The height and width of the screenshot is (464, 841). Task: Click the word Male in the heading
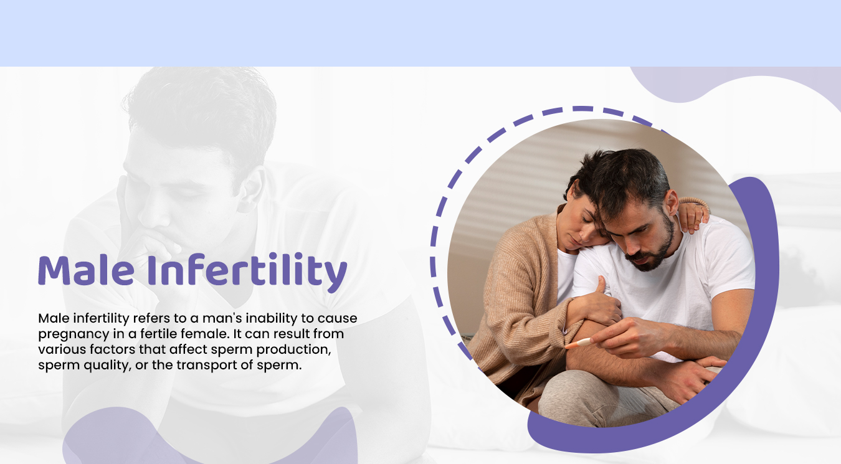click(87, 270)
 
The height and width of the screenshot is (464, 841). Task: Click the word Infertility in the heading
click(247, 272)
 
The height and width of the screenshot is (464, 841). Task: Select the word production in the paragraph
click(293, 350)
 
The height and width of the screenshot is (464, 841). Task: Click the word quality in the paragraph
click(107, 366)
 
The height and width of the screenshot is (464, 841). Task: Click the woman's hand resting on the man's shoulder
click(693, 215)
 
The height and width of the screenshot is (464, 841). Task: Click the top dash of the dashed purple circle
click(582, 108)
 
